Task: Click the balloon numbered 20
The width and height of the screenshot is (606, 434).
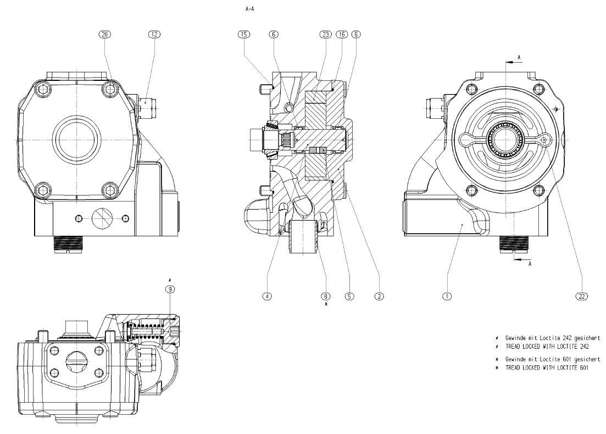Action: pos(104,34)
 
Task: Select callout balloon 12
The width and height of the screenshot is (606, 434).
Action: pos(154,34)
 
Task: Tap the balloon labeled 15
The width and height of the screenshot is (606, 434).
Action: pos(244,34)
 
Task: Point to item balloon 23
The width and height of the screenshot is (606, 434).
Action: pos(325,34)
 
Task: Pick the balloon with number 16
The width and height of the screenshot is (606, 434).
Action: pos(341,34)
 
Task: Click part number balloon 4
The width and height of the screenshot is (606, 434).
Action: pos(267,296)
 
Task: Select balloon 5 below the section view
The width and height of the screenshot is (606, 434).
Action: pos(349,296)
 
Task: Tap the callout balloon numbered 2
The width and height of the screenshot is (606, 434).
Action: pos(379,296)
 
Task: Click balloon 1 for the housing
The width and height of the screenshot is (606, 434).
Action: pos(447,296)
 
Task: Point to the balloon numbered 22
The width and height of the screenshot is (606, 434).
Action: pos(581,296)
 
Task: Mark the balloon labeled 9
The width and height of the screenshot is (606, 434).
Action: pos(170,289)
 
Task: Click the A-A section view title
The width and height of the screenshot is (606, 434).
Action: pos(249,9)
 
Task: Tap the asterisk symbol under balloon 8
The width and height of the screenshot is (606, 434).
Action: pos(326,304)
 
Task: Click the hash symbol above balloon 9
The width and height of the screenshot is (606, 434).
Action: pos(170,281)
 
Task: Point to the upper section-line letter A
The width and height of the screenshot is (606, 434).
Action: pos(519,57)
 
